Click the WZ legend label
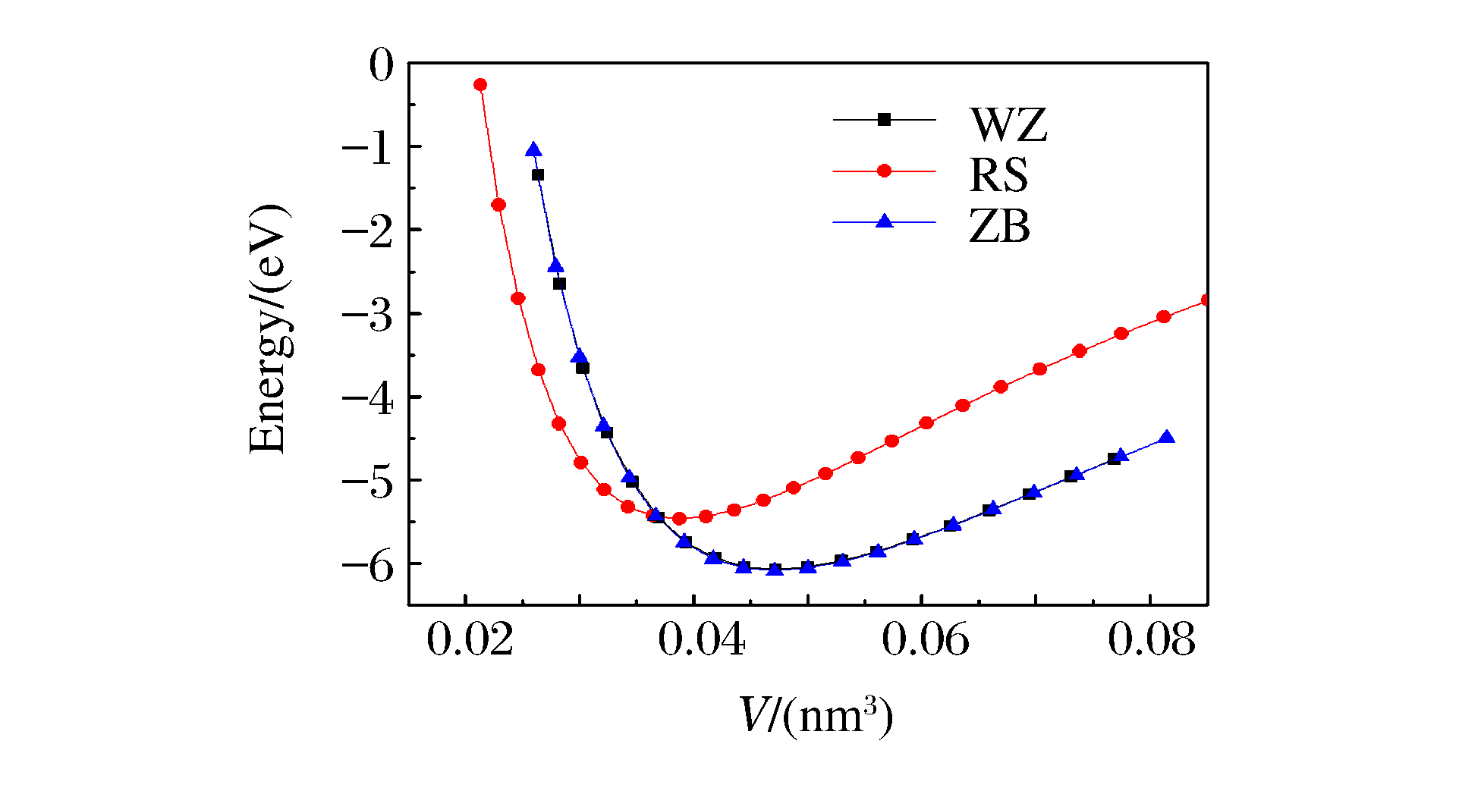coord(1008,125)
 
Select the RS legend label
coord(999,176)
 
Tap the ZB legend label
coord(1000,226)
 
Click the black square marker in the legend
coord(884,119)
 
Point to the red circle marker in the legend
coord(884,171)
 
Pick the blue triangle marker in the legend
coord(884,221)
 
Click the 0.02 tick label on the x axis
coord(470,639)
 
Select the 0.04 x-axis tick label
coord(701,639)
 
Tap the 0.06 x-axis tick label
coord(926,639)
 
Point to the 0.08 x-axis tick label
coord(1152,639)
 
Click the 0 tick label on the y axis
coord(382,65)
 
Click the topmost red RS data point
coord(480,85)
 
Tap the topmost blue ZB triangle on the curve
coord(533,149)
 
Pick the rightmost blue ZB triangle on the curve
coord(1167,438)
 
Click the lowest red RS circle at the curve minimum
coord(680,519)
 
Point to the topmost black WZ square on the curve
coord(538,175)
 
